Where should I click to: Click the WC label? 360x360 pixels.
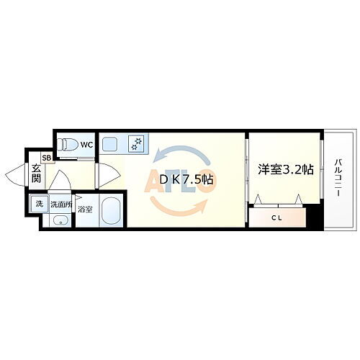(86, 145)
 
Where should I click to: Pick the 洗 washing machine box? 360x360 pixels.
(40, 204)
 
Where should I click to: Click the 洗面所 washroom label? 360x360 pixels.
(60, 205)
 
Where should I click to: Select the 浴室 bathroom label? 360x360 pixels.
(86, 210)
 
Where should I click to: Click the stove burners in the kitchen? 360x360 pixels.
(137, 144)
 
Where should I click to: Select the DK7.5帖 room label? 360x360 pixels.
(185, 179)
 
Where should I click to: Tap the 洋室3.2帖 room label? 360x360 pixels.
(285, 170)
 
